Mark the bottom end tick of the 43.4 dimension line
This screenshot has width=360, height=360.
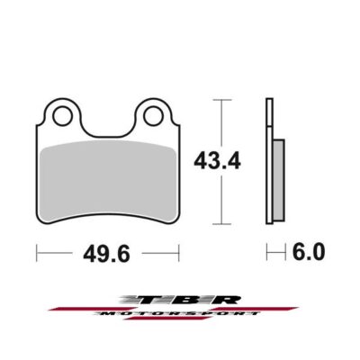pyautogui.click(x=221, y=226)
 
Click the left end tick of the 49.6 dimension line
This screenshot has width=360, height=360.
pyautogui.click(x=37, y=255)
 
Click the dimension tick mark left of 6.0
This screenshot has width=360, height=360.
pyautogui.click(x=267, y=255)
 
